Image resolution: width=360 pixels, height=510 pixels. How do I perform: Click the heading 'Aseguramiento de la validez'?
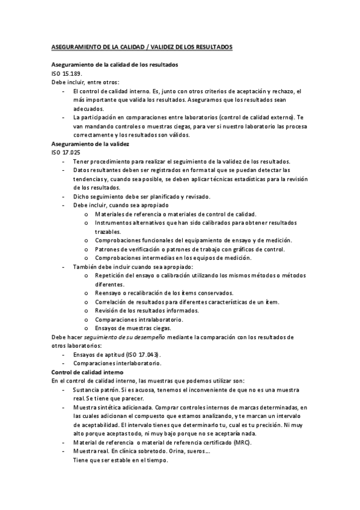click(x=90, y=144)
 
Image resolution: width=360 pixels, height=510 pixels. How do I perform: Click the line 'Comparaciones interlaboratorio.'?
click(x=117, y=363)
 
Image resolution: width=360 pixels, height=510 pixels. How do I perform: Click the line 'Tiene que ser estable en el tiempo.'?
click(x=120, y=461)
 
